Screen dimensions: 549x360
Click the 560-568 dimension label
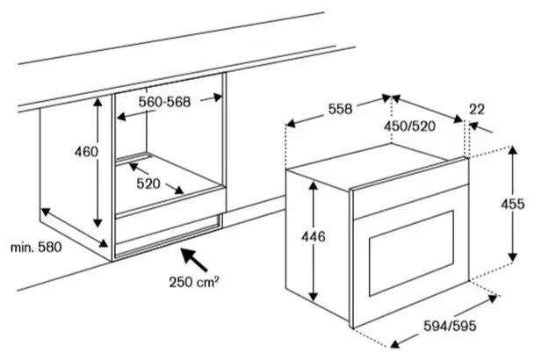click(x=164, y=102)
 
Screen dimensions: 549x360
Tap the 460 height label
click(x=86, y=152)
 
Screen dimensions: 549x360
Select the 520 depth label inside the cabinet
click(x=148, y=184)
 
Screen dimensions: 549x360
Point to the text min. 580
click(x=36, y=248)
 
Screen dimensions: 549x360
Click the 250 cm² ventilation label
click(x=194, y=282)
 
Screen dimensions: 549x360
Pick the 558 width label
click(x=340, y=109)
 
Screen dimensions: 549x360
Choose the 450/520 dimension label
click(x=409, y=126)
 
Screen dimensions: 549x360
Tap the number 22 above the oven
click(x=477, y=110)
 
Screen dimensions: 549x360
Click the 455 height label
click(x=513, y=204)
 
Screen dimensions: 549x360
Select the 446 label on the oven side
click(x=314, y=237)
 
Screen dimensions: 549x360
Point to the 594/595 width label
click(x=450, y=326)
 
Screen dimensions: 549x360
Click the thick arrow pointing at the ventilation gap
click(x=194, y=259)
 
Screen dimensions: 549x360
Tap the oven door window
click(x=412, y=253)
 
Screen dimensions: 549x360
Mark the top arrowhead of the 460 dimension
click(x=98, y=102)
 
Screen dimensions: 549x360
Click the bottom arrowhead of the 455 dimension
click(x=513, y=257)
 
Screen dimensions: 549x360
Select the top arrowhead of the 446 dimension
click(x=314, y=186)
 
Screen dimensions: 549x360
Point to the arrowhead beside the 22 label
click(x=474, y=126)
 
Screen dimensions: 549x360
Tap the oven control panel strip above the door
click(x=410, y=200)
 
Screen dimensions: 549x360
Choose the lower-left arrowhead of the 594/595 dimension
click(x=395, y=343)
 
